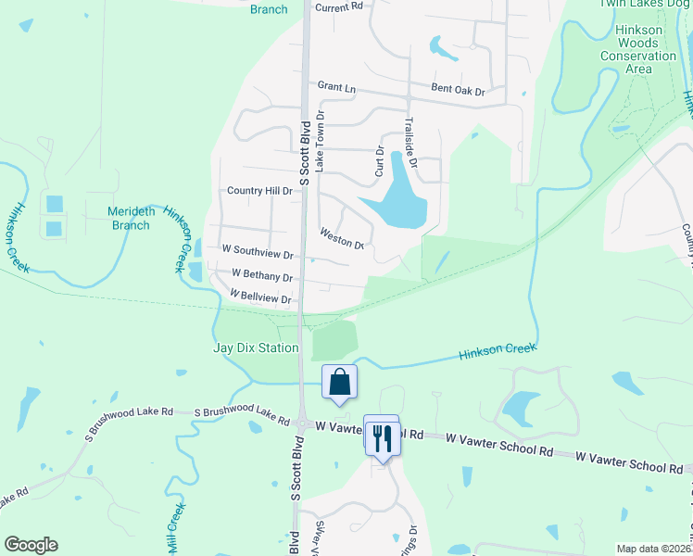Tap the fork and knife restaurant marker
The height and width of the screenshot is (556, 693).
coord(383,436)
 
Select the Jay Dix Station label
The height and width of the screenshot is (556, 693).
coord(257,348)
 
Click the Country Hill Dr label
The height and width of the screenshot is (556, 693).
coord(260,191)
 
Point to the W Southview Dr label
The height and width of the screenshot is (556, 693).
coord(258,251)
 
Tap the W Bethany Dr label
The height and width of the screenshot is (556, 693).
coord(262,275)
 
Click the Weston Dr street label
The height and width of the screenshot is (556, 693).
coord(342,239)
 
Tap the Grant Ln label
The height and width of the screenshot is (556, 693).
coord(336,86)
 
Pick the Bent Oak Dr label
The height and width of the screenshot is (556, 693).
coord(458,90)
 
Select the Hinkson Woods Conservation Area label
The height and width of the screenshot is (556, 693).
coord(638,49)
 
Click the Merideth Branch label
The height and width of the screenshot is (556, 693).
coord(130,218)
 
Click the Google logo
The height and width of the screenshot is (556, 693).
coord(31,545)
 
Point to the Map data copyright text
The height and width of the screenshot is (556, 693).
coord(652,549)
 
